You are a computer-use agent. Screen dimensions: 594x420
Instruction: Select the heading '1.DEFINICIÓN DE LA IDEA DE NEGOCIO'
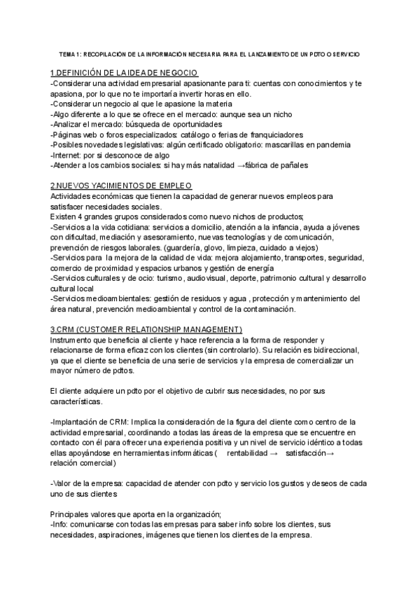pos(125,74)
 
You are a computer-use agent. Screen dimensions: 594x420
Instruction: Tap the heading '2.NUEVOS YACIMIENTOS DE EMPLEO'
pos(121,186)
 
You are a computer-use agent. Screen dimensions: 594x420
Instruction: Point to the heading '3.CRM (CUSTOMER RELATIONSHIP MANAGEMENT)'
pos(146,329)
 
